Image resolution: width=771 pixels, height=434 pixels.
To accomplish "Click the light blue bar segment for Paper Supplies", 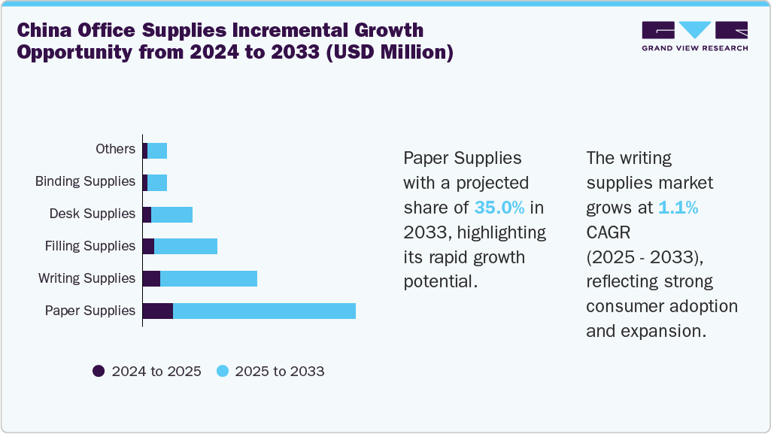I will (x=264, y=311).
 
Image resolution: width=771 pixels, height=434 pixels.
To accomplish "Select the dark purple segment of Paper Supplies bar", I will (x=158, y=311).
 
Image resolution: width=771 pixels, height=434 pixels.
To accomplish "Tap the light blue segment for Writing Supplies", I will (x=208, y=278).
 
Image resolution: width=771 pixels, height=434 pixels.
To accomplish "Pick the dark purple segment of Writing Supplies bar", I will (x=151, y=278).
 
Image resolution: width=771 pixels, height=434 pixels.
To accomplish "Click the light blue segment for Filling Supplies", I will (x=186, y=246).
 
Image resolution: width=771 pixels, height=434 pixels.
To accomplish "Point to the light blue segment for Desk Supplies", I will (x=172, y=214).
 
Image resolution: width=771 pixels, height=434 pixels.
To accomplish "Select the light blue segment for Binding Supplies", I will (x=157, y=181).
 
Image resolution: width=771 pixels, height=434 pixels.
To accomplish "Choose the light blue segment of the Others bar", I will (x=157, y=150).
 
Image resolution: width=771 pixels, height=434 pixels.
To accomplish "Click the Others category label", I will (x=115, y=149).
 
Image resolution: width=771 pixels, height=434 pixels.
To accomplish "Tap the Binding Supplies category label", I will (x=85, y=181).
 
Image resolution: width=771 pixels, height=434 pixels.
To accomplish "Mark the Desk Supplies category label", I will (x=92, y=214).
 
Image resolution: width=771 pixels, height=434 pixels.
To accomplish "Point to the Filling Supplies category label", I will (x=90, y=246).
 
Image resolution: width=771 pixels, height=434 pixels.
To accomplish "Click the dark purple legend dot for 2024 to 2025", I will (x=99, y=371).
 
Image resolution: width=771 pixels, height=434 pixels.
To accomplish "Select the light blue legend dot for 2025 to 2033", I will (x=222, y=371).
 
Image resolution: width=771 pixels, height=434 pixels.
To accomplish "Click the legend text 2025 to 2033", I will (x=280, y=372).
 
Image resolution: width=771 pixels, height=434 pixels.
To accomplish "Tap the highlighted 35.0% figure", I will (x=499, y=208).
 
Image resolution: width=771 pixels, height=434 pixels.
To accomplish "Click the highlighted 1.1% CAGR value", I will (x=678, y=208).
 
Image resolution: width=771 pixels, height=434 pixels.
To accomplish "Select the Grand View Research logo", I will (x=694, y=36).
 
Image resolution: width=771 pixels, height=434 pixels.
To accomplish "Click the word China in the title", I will (x=48, y=32).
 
